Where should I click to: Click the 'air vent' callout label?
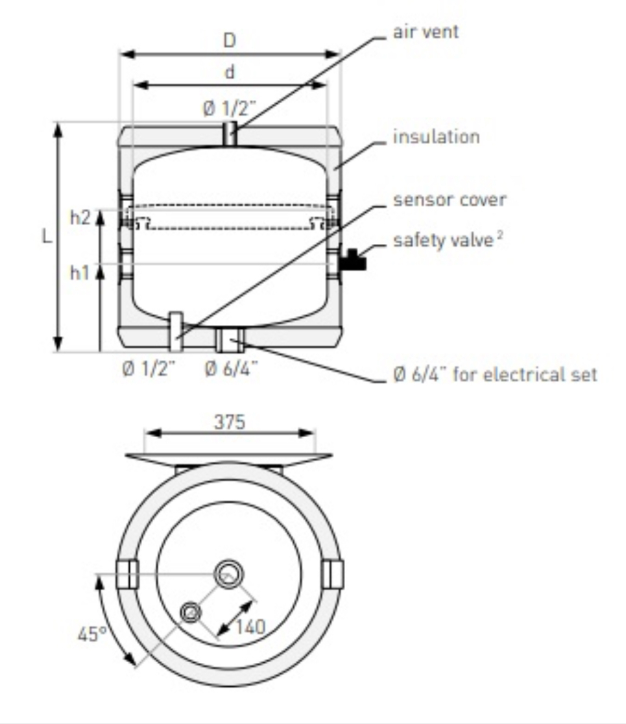(x=426, y=32)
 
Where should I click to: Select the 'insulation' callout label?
(x=436, y=137)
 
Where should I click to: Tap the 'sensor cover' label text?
(x=450, y=200)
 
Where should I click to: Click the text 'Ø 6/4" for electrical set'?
(x=495, y=374)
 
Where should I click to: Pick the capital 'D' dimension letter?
(x=229, y=40)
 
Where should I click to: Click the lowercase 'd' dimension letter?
(x=229, y=72)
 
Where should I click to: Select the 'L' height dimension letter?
(x=47, y=237)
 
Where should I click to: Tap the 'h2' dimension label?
(x=80, y=218)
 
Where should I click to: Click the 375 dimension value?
(x=229, y=422)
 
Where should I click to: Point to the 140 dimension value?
(x=250, y=627)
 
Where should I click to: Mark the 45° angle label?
(x=92, y=634)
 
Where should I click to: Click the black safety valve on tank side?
(x=352, y=260)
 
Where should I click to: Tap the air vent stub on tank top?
(x=230, y=133)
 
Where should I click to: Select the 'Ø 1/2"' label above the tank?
(x=229, y=109)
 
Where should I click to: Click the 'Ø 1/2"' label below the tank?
(x=149, y=369)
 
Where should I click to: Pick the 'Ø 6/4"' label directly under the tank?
(x=232, y=369)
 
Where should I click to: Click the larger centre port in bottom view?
(x=229, y=574)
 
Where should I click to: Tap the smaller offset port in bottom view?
(x=190, y=613)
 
